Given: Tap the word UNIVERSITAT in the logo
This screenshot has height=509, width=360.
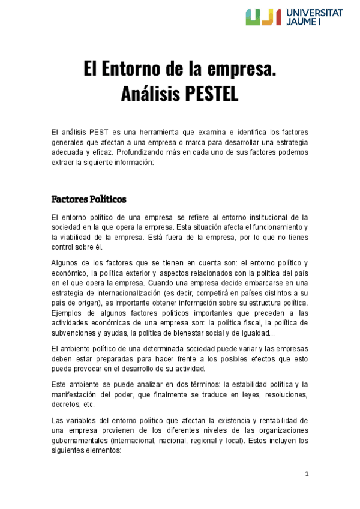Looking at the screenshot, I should (x=315, y=12).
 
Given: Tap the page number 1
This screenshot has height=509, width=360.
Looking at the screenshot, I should (x=306, y=474).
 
